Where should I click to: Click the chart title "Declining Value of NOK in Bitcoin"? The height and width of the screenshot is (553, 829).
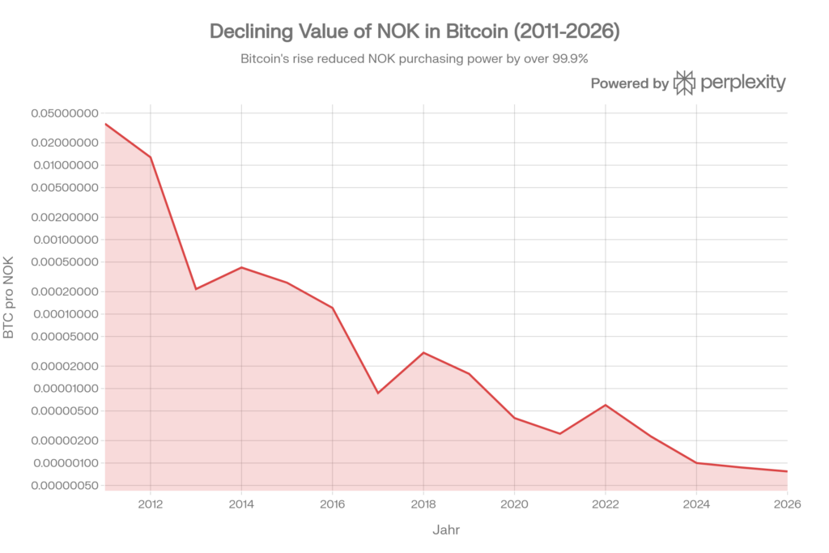(x=414, y=32)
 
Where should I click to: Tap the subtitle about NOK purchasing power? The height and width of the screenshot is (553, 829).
(x=414, y=60)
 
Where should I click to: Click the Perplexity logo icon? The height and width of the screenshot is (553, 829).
(x=685, y=83)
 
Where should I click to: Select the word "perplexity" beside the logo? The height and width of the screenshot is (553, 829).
(x=742, y=83)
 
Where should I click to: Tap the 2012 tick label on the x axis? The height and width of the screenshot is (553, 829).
(x=150, y=504)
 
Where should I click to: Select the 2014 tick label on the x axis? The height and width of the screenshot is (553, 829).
(x=241, y=504)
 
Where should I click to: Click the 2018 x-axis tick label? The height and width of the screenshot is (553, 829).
(x=423, y=504)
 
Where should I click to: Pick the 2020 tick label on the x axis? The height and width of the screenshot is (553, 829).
(x=515, y=504)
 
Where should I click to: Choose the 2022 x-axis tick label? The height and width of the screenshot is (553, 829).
(x=606, y=504)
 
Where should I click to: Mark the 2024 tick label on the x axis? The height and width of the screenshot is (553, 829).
(x=697, y=504)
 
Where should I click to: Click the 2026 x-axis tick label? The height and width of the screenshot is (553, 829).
(x=786, y=504)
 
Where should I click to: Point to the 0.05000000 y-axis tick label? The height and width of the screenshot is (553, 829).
(x=65, y=113)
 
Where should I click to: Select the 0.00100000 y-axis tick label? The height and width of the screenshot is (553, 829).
(x=65, y=240)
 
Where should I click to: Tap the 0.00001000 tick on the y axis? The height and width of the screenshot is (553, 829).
(x=65, y=389)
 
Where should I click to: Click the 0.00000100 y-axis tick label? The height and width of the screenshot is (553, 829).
(x=65, y=463)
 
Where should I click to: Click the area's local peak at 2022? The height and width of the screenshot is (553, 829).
(x=606, y=403)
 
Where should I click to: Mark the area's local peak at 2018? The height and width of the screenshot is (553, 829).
(x=423, y=351)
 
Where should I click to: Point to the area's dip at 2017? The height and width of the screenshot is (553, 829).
(x=378, y=389)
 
